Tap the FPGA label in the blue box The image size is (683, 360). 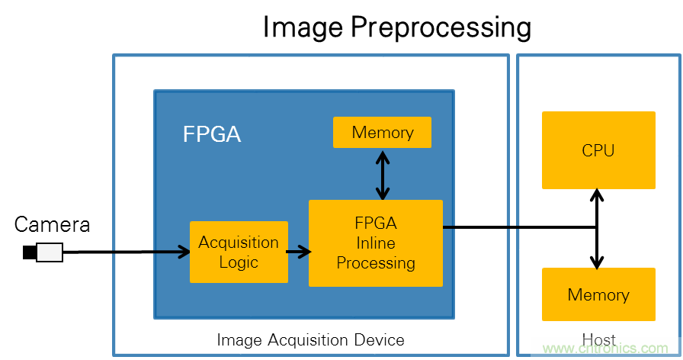pos(211,135)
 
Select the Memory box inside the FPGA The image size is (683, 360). pos(382,133)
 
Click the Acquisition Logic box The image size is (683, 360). pos(239,252)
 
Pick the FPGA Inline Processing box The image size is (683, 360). pos(375,243)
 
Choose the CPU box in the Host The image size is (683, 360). pos(598,150)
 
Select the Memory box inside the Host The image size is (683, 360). pos(598,294)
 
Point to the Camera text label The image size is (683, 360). pos(52,224)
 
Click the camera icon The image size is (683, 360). pos(43,252)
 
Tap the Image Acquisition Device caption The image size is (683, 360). pos(310,339)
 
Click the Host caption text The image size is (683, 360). pos(598,339)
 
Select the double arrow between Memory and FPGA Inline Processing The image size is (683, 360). pos(382,174)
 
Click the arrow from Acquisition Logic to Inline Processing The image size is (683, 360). pos(298,251)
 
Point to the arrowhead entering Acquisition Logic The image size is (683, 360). pos(184,252)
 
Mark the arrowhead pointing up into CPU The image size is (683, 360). pos(598,195)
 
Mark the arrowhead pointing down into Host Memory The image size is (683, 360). pos(598,262)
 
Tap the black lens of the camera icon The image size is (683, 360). pos(29,252)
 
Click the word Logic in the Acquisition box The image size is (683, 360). pos(239,262)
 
